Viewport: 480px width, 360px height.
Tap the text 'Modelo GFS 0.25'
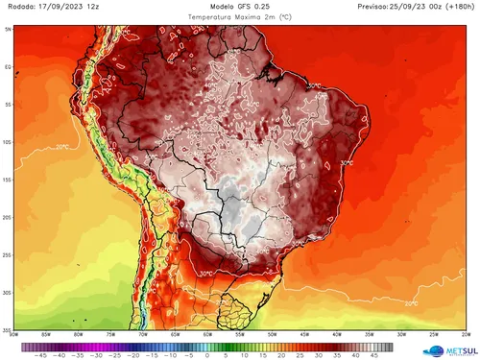(238, 7)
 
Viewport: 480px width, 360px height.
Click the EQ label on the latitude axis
(8, 67)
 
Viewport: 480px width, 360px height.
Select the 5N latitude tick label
(8, 30)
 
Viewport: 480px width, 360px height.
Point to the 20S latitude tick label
(8, 217)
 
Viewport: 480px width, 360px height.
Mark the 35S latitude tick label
(8, 329)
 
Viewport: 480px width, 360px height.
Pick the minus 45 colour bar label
(40, 353)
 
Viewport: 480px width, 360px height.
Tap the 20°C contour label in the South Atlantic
(410, 303)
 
